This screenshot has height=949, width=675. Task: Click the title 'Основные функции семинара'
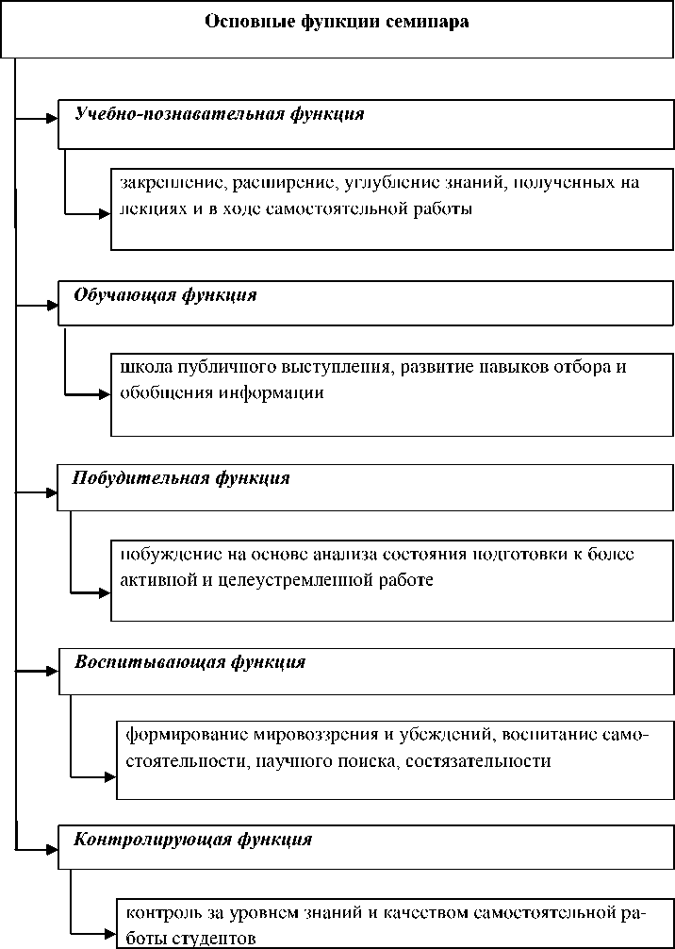[x=337, y=21]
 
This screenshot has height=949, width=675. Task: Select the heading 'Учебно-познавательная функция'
[x=220, y=114]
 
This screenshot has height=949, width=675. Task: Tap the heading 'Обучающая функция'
[x=166, y=295]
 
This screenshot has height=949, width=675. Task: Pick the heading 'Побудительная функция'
[x=181, y=478]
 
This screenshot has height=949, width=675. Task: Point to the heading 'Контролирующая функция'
[x=193, y=839]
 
